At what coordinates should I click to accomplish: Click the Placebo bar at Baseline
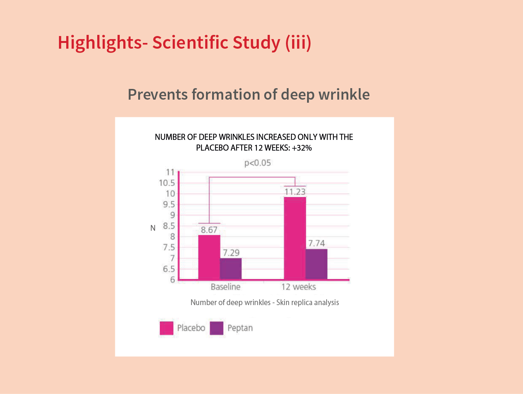209,257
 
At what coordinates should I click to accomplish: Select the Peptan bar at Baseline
230,269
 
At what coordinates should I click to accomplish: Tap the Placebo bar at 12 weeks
295,238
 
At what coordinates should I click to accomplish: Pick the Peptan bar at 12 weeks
316,264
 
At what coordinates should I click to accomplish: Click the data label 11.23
295,192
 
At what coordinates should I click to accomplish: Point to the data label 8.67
209,230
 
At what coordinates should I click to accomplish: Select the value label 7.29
231,253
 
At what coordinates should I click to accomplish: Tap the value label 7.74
317,243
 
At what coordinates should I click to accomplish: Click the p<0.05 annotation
258,163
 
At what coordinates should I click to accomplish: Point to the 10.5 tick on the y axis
167,183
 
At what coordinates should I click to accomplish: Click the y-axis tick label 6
173,280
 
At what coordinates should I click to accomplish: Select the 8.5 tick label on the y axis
169,226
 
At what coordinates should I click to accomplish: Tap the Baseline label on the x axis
226,287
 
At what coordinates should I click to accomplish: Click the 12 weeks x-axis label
299,287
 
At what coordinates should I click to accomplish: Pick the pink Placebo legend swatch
167,328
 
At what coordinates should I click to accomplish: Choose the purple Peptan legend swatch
217,328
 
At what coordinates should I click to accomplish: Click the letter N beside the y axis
153,228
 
